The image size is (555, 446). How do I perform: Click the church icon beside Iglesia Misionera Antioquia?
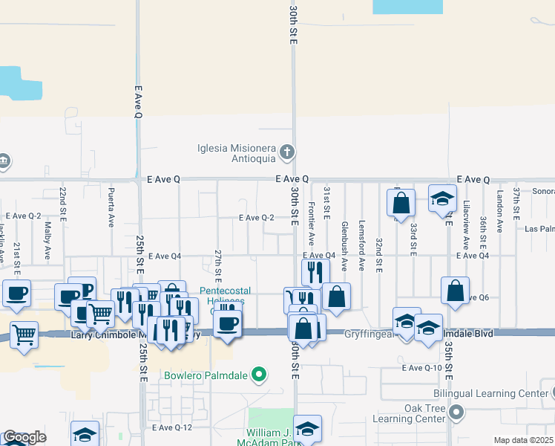click(287, 153)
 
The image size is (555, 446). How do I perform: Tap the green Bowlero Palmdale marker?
click(259, 374)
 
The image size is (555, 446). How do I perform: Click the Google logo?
click(24, 437)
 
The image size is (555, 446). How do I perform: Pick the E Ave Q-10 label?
click(421, 368)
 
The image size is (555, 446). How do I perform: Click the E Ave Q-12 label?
click(171, 427)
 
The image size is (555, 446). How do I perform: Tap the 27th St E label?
click(217, 265)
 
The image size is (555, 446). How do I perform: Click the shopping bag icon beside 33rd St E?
click(401, 202)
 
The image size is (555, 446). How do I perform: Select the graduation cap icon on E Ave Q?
click(442, 199)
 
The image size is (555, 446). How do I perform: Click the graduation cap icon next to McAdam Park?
click(307, 429)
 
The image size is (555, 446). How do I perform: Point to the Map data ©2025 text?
click(522, 440)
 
